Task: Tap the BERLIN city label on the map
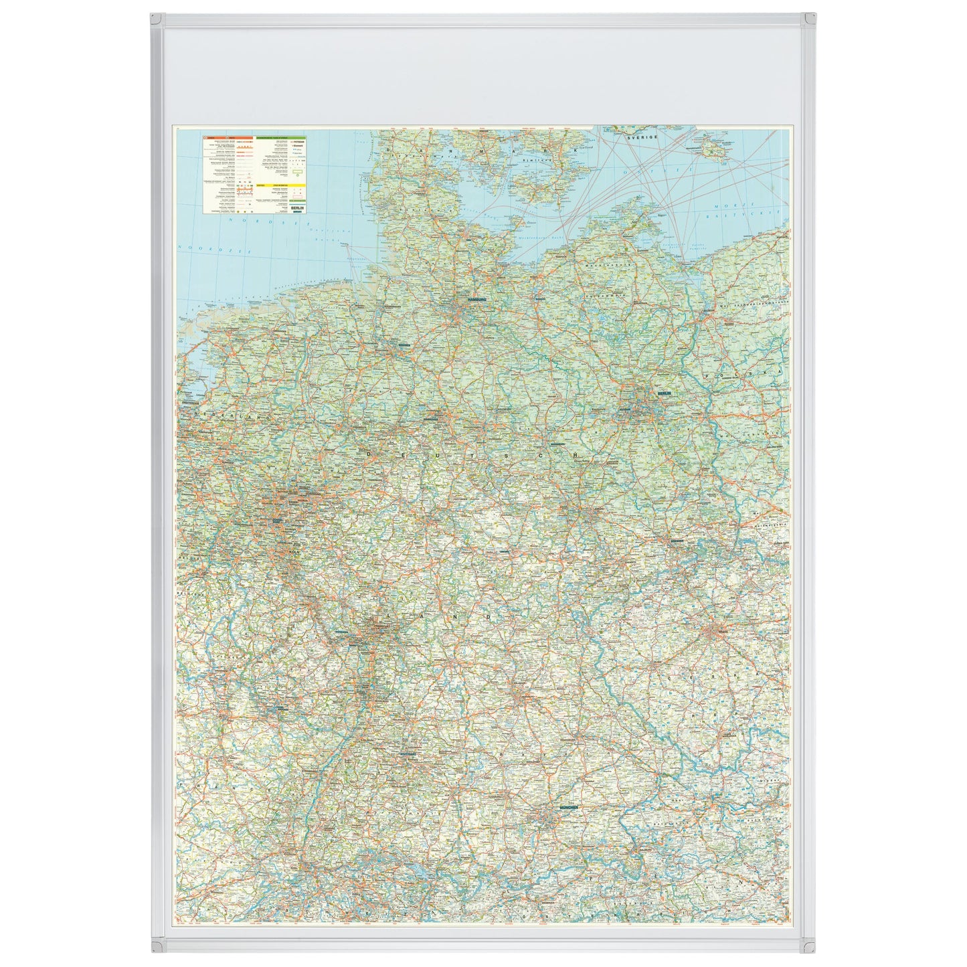pos(664,393)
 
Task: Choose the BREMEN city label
pos(402,345)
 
